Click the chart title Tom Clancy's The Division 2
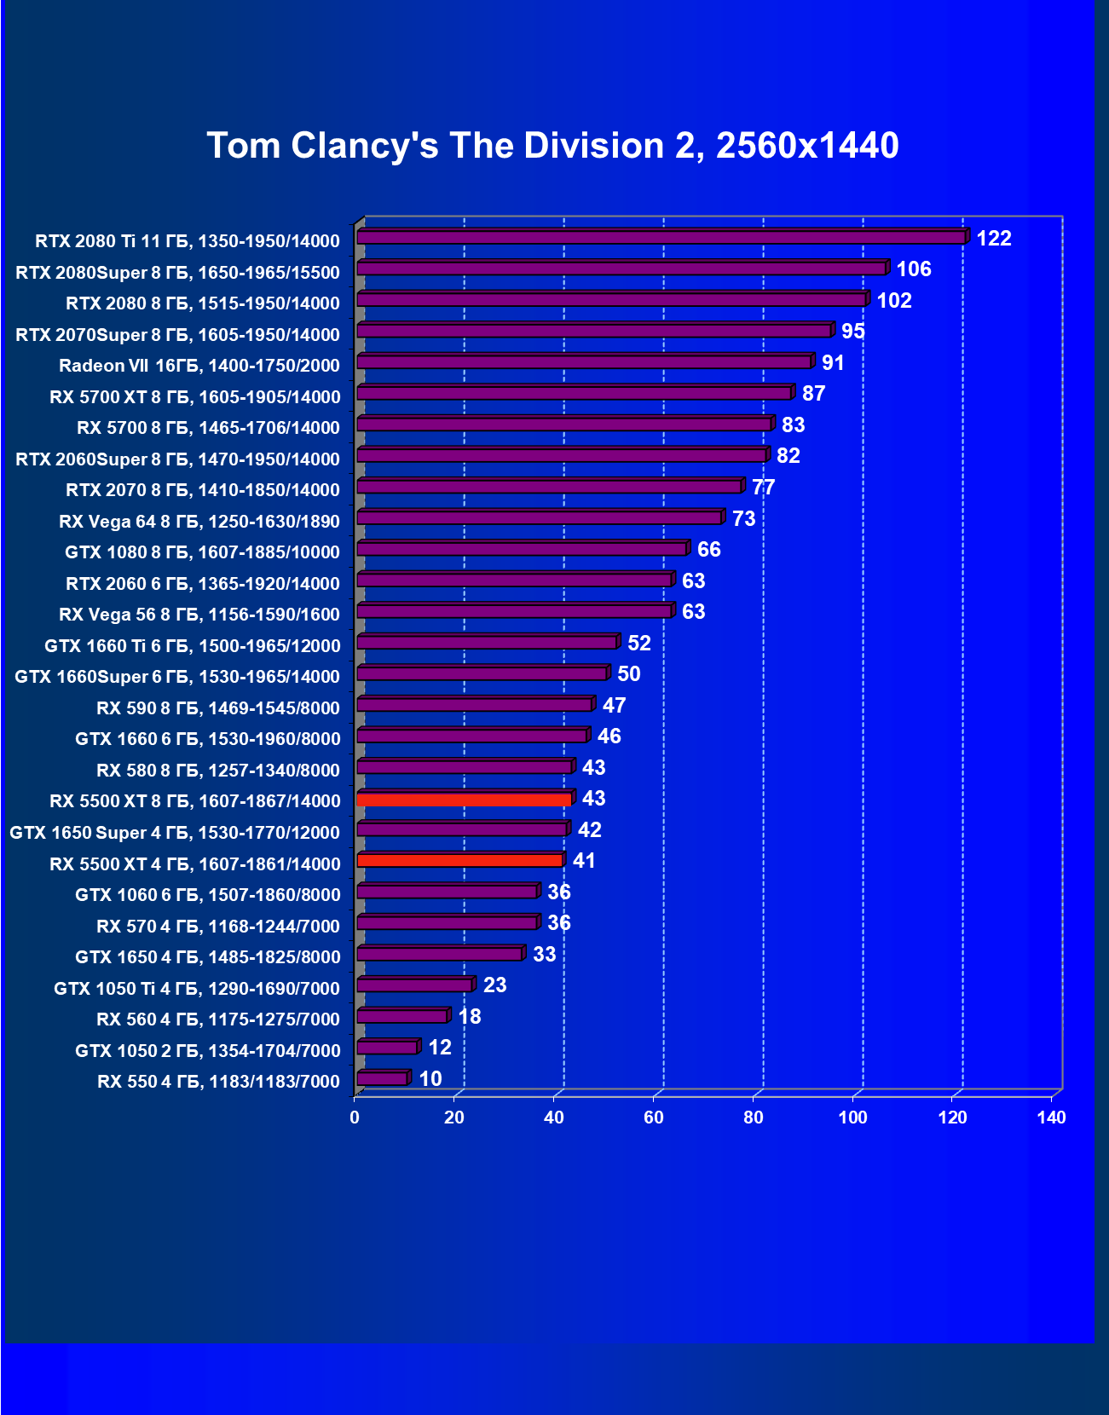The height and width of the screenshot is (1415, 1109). pyautogui.click(x=552, y=146)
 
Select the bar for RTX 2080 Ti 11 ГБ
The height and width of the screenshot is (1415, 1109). pyautogui.click(x=661, y=237)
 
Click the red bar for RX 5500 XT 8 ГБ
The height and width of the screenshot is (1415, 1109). pyautogui.click(x=465, y=799)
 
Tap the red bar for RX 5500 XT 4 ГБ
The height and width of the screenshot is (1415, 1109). pyautogui.click(x=460, y=861)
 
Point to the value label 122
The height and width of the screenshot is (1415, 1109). pyautogui.click(x=993, y=239)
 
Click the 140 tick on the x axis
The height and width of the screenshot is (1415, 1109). pyautogui.click(x=1051, y=1118)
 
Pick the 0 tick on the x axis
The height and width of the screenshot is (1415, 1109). pyautogui.click(x=355, y=1118)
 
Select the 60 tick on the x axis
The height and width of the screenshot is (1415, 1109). pyautogui.click(x=654, y=1118)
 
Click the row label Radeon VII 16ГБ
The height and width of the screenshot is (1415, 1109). pyautogui.click(x=199, y=366)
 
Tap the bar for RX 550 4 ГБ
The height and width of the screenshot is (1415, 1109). pyautogui.click(x=382, y=1079)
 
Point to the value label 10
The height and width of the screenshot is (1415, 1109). pyautogui.click(x=430, y=1079)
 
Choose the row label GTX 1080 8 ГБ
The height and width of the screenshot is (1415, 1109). pyautogui.click(x=202, y=552)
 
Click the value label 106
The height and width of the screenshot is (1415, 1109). pyautogui.click(x=913, y=269)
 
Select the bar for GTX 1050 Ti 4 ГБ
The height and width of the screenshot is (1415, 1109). pyautogui.click(x=414, y=985)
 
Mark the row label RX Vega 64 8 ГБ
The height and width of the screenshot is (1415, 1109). pyautogui.click(x=199, y=522)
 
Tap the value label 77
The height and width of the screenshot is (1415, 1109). pyautogui.click(x=763, y=488)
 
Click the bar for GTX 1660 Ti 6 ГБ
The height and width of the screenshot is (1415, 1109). pyautogui.click(x=487, y=643)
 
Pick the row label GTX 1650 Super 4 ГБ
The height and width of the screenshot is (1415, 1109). pyautogui.click(x=175, y=833)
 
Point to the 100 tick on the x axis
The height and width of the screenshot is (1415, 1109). pyautogui.click(x=852, y=1118)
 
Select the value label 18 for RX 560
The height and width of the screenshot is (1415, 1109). pyautogui.click(x=469, y=1017)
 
